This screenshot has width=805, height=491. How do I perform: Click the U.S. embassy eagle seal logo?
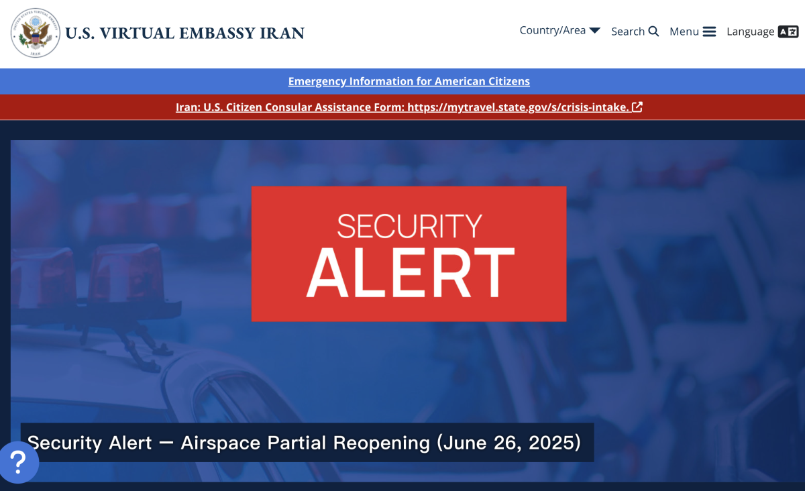click(x=35, y=33)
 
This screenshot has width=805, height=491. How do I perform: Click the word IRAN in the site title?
click(x=282, y=33)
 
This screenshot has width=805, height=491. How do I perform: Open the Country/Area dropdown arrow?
click(x=595, y=30)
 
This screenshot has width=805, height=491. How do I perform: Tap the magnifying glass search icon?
click(x=653, y=32)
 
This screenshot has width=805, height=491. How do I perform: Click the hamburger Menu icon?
click(x=710, y=32)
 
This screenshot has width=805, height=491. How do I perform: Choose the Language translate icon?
click(x=788, y=32)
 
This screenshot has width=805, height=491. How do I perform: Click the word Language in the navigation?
click(x=751, y=32)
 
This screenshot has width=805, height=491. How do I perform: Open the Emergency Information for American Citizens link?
click(x=409, y=82)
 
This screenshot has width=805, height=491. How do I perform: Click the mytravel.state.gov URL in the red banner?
click(x=518, y=107)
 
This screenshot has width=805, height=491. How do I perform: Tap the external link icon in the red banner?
click(x=637, y=107)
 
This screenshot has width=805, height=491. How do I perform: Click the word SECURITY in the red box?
click(x=409, y=226)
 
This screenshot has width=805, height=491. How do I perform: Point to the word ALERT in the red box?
click(x=410, y=272)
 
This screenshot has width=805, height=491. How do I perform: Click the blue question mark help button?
click(x=19, y=463)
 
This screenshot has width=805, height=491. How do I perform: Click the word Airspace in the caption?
click(x=220, y=443)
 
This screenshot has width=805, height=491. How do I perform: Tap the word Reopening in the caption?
click(x=381, y=443)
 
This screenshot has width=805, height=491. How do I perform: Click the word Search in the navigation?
click(x=628, y=32)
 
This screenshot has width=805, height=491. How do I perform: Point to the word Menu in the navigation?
click(x=684, y=32)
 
